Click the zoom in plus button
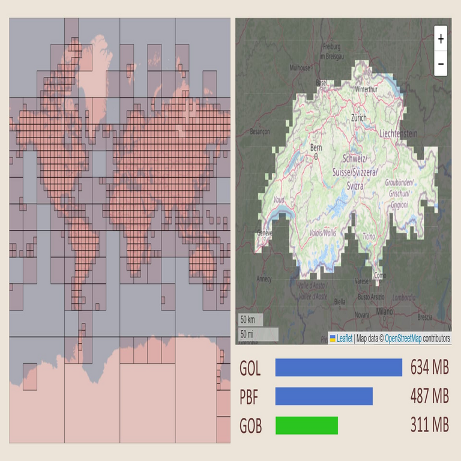pos(441,39)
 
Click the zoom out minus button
pos(441,63)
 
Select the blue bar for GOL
pos(339,367)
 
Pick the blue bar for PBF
pos(324,396)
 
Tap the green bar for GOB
pos(306,425)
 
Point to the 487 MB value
pos(430,396)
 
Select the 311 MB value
pos(430,425)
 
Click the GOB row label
pos(251,426)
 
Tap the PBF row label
pos(250,397)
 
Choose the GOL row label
pos(250,368)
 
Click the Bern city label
pos(316,147)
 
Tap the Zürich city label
pos(359,118)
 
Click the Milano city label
pos(384,312)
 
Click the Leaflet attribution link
pos(344,339)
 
